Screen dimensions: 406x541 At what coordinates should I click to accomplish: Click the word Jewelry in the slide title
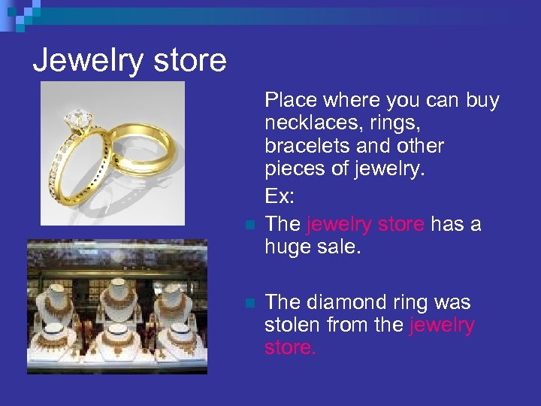point(80,60)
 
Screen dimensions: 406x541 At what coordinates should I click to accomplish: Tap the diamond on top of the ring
point(77,119)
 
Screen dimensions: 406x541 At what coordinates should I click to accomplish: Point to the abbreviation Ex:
point(280,197)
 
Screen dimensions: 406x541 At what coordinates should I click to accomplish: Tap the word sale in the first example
point(342,247)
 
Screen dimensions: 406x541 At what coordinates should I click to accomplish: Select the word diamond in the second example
point(340,302)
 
